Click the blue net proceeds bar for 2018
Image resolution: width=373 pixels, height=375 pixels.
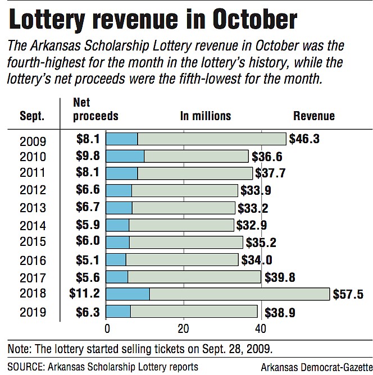(128, 294)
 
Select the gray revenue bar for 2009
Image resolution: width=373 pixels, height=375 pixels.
(211, 139)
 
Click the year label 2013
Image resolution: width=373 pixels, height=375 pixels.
(33, 208)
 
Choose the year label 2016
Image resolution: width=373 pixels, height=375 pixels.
(33, 260)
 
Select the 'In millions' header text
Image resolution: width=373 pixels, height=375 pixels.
(206, 116)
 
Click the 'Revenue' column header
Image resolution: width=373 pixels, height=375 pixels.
(314, 116)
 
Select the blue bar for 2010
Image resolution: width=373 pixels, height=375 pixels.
(125, 157)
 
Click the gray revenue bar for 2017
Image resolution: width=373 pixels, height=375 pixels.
(194, 277)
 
